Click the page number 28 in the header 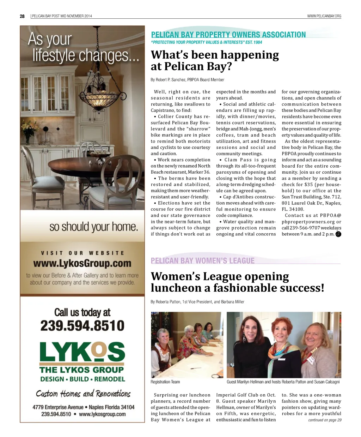click(22, 16)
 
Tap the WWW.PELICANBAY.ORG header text click(324, 16)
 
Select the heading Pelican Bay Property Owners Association click(228, 35)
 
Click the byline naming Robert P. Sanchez click(188, 80)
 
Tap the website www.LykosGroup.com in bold click(82, 264)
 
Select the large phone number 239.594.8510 click(82, 325)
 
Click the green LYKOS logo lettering click(82, 352)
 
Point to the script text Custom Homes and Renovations click(83, 394)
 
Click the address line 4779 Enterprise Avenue click(84, 407)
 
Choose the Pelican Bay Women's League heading click(202, 261)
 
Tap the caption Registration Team click(165, 382)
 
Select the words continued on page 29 click(324, 420)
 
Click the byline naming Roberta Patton click(197, 302)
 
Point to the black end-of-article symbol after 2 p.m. click(338, 234)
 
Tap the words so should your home click(93, 227)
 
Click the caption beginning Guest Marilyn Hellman click(283, 382)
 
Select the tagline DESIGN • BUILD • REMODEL click(82, 379)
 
